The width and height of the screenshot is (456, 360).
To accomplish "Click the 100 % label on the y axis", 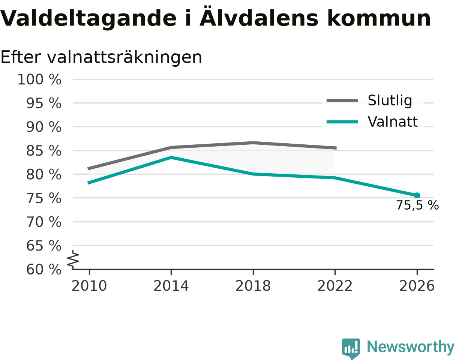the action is [x=39, y=79].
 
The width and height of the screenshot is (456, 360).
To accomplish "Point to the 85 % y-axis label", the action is [x=43, y=151].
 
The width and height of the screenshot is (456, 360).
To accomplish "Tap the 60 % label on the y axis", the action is [x=43, y=270].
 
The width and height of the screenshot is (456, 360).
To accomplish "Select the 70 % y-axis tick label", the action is [x=43, y=222].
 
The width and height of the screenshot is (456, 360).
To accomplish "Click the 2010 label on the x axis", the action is [x=89, y=286].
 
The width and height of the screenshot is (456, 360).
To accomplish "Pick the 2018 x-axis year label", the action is [x=253, y=286].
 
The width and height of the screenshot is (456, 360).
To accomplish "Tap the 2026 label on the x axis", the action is [x=417, y=286].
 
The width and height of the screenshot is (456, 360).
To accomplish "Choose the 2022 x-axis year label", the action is [x=335, y=286].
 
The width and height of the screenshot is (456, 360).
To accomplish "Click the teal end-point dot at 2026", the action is [x=417, y=195].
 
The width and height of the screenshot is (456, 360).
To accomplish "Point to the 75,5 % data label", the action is [x=417, y=205].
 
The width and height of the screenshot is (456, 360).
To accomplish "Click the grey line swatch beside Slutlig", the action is [x=342, y=100].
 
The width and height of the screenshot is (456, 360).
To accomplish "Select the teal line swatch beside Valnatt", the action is [x=342, y=122].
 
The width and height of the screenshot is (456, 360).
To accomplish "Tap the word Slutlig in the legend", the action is [x=390, y=101].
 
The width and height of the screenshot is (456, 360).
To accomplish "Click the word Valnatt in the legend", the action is [x=393, y=122].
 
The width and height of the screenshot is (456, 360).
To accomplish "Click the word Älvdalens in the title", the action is [x=259, y=18].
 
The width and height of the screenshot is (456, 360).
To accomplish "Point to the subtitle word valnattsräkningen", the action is [x=124, y=57].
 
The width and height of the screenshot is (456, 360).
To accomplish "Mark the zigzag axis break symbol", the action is [x=73, y=258].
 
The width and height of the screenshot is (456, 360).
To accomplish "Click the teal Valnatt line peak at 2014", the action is [x=171, y=157].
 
